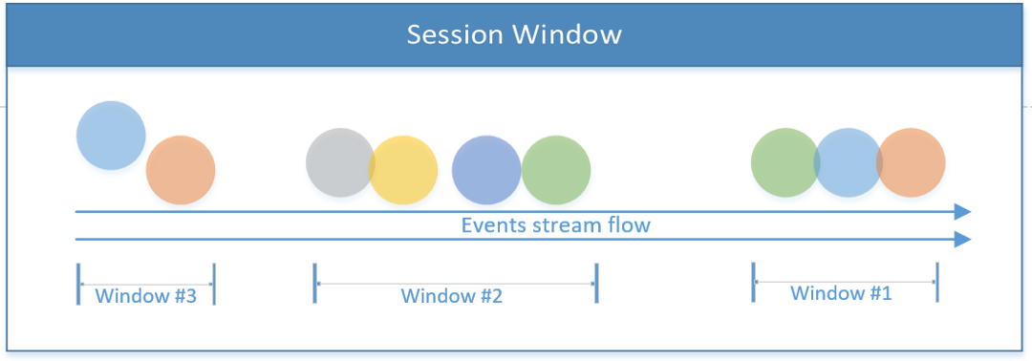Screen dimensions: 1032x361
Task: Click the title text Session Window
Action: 514,34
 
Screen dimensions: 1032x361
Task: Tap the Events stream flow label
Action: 555,224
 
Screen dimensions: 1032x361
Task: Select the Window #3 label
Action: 146,295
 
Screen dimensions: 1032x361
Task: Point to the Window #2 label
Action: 452,296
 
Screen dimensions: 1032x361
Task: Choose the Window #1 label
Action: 841,293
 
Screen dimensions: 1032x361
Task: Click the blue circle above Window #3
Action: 111,136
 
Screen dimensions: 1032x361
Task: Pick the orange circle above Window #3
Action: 181,170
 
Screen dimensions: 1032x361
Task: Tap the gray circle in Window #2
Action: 340,162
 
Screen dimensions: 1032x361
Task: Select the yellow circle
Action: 403,170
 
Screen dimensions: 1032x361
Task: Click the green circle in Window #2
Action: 556,170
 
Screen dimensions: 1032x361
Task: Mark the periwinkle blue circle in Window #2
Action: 486,170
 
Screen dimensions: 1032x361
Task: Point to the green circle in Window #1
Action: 785,162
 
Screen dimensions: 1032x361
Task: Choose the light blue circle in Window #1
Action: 849,162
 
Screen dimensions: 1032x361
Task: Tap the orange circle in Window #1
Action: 911,162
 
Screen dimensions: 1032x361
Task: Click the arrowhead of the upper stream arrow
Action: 963,212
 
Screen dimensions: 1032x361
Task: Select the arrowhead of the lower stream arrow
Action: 963,240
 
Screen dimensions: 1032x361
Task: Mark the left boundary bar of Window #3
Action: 78,284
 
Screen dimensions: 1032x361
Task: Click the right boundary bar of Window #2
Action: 596,284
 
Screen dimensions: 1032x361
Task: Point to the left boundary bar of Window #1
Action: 753,282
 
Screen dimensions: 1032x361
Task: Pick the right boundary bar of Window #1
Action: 936,282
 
